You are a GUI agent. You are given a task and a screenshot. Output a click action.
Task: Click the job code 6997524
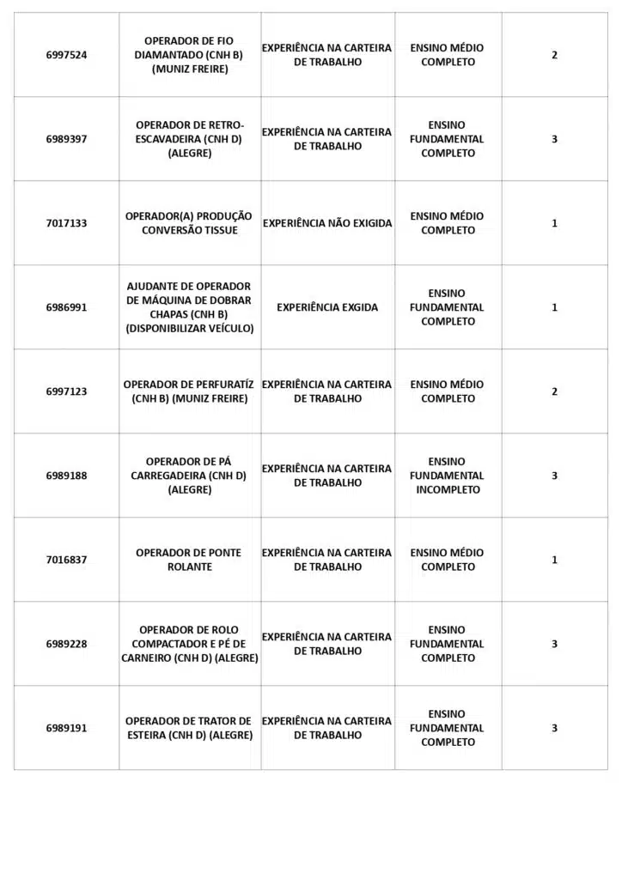(66, 55)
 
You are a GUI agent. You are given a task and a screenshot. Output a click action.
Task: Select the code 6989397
(66, 139)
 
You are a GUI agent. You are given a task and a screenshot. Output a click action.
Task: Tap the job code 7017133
(66, 223)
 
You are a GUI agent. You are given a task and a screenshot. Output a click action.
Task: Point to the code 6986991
(66, 307)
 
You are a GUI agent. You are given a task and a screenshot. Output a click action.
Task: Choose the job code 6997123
(66, 391)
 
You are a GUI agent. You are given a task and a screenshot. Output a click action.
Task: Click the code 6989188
(66, 476)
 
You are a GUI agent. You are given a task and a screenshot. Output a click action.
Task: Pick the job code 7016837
(66, 560)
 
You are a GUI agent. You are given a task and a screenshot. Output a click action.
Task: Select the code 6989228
(66, 644)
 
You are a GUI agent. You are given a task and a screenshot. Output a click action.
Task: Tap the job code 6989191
(66, 728)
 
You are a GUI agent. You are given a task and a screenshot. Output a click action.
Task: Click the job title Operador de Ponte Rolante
(189, 560)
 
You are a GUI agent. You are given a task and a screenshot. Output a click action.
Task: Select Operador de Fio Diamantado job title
(189, 55)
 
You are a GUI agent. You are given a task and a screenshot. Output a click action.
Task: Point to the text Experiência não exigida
(327, 223)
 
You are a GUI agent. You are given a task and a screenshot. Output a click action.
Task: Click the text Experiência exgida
(327, 307)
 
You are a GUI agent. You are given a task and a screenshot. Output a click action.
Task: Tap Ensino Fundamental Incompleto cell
(447, 476)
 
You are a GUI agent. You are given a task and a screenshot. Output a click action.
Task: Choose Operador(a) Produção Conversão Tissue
(189, 223)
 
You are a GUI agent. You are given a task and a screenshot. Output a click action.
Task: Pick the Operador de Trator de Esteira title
(189, 728)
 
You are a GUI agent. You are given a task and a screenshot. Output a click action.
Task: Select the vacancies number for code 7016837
(554, 560)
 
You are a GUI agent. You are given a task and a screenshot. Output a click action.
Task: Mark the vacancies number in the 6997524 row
(554, 55)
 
